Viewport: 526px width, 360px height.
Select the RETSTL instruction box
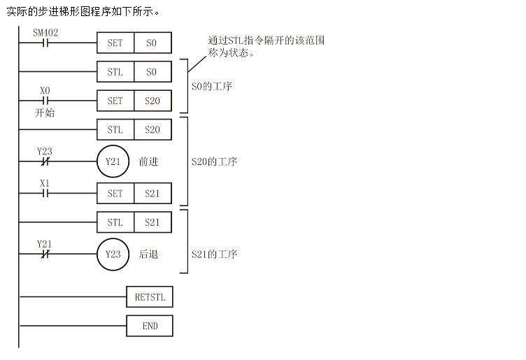click(150, 297)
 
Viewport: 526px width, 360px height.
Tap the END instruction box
click(150, 326)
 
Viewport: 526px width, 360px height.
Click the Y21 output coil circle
click(113, 161)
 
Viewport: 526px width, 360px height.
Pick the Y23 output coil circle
click(113, 254)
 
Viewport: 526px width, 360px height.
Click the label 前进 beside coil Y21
click(148, 162)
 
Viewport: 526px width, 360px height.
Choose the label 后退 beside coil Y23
click(148, 254)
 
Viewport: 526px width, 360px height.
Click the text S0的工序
click(212, 87)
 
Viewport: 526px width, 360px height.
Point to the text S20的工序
click(215, 162)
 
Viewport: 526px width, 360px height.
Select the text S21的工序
click(215, 254)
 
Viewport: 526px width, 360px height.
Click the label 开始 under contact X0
click(45, 113)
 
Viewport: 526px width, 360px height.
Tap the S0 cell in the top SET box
click(152, 43)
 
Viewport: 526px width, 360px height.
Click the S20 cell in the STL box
click(152, 129)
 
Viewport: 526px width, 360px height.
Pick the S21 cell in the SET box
click(152, 193)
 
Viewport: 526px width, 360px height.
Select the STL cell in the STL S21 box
click(115, 222)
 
